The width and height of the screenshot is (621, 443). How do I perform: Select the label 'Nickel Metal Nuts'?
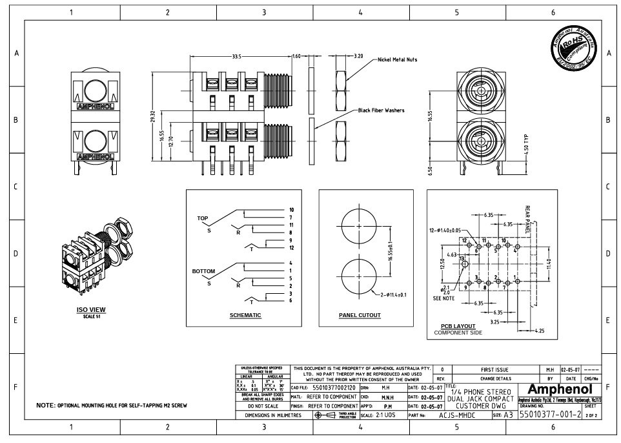(397, 59)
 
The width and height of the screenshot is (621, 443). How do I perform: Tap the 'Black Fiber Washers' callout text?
(382, 110)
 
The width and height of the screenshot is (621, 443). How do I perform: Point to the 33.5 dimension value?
(236, 57)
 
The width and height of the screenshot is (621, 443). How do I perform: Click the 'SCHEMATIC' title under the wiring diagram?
(245, 315)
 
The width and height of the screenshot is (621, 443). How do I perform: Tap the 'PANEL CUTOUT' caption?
(360, 315)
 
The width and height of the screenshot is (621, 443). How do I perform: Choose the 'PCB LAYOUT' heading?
(458, 325)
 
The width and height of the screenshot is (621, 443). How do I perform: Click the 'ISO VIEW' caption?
(87, 310)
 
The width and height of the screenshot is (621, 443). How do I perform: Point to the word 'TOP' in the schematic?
(203, 218)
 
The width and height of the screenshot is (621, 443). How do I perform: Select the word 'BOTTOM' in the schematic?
(203, 271)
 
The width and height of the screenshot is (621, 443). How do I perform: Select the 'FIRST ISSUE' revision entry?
(493, 369)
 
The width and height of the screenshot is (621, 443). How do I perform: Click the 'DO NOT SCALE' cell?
(262, 406)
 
